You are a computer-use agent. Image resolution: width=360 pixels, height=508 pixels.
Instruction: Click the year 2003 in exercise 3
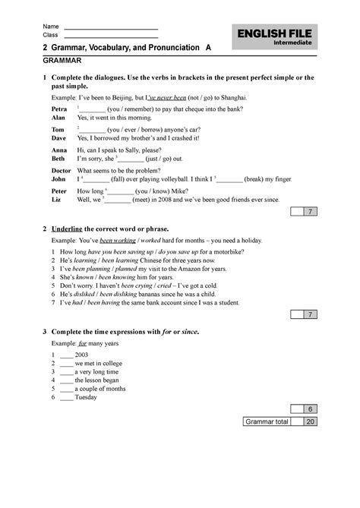tap(82, 355)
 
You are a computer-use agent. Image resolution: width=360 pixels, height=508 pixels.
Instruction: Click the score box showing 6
tap(309, 409)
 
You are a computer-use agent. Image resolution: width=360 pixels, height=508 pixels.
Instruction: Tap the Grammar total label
tap(266, 421)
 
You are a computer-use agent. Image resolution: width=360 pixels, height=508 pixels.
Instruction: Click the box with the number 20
tap(309, 421)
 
